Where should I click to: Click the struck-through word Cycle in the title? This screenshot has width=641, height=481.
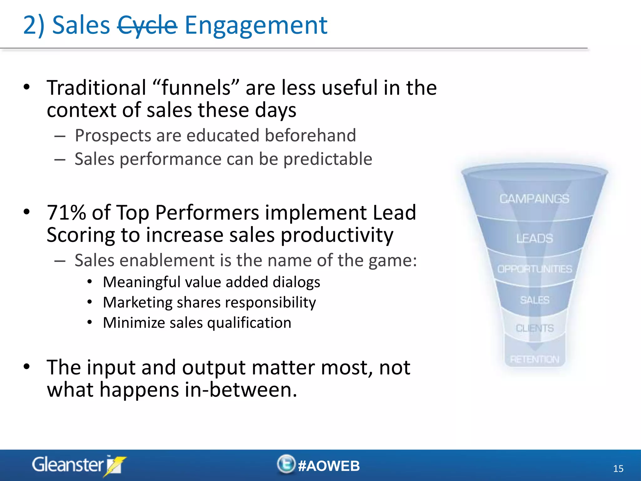[147, 25]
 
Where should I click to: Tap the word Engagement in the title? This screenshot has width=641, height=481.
[256, 25]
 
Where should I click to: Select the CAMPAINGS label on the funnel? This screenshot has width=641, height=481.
[534, 199]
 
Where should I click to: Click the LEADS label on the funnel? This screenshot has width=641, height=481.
[534, 238]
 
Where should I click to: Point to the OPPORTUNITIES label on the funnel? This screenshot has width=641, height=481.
[534, 269]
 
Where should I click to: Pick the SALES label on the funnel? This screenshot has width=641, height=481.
[535, 300]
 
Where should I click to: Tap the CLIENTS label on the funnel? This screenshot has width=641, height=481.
[535, 328]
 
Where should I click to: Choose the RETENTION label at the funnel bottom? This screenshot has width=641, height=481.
[534, 359]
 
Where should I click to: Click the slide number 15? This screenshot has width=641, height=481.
[618, 469]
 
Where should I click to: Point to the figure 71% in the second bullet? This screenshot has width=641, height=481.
[66, 213]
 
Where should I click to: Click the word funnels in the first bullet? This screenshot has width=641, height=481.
[196, 88]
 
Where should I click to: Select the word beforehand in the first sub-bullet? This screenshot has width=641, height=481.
[310, 135]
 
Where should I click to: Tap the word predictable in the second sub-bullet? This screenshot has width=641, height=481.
[328, 159]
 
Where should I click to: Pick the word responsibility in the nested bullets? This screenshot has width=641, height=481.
[270, 303]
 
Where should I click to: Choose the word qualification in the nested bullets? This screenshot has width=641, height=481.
[249, 323]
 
